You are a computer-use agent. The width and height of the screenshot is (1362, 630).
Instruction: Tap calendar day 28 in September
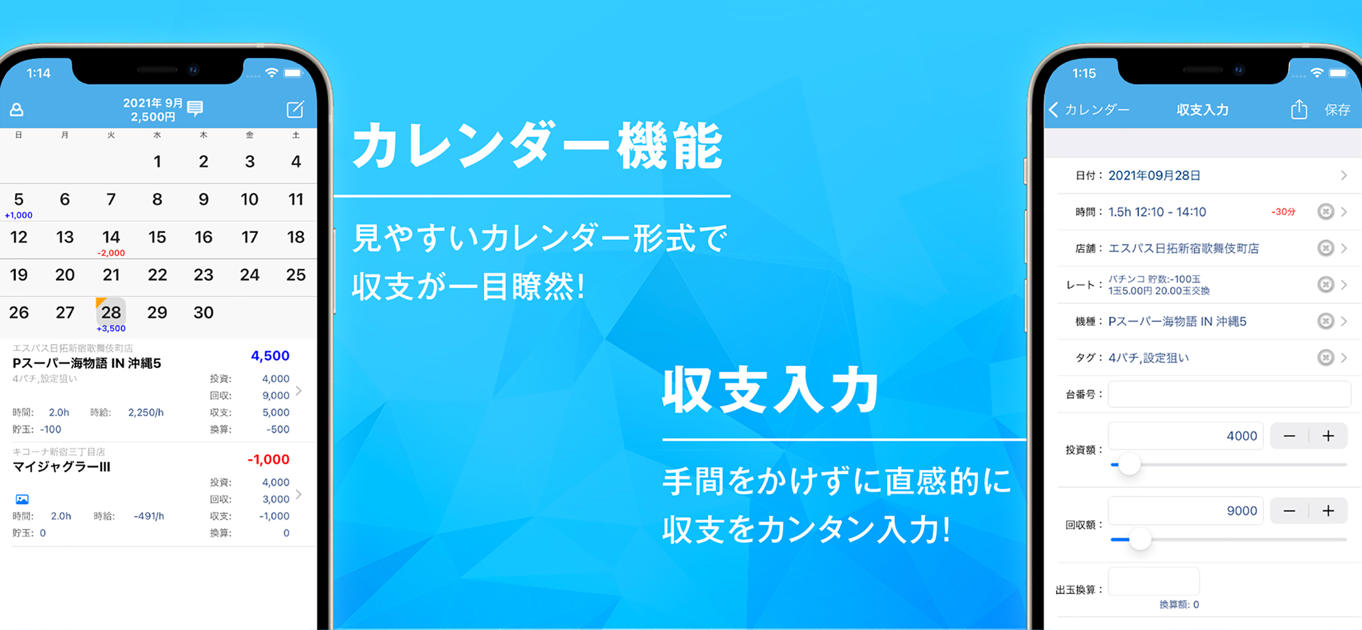(x=111, y=312)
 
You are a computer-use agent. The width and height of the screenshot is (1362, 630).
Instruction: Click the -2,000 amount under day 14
(x=111, y=253)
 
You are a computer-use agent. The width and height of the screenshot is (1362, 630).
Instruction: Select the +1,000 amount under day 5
(x=19, y=215)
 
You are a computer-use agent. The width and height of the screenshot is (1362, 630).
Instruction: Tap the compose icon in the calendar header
(x=295, y=109)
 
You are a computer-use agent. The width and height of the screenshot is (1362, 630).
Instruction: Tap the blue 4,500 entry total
(x=270, y=355)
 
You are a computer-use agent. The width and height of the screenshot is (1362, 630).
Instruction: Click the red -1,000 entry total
(x=269, y=459)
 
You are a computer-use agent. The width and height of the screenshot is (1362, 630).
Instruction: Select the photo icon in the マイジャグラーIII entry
(x=22, y=499)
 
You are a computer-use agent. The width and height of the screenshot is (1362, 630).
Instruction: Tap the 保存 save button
(x=1337, y=109)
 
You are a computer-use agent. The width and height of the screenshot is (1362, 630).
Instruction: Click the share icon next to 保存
(x=1299, y=109)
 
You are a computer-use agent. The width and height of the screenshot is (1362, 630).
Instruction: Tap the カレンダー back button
(x=1089, y=109)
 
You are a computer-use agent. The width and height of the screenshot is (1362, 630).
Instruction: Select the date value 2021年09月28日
(x=1154, y=176)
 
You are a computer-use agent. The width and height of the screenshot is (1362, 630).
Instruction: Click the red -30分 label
(x=1283, y=211)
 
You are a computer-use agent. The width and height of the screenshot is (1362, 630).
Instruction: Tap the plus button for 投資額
(x=1328, y=436)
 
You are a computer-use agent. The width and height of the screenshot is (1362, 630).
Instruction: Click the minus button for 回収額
(x=1289, y=511)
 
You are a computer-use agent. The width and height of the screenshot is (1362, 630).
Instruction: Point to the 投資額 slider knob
(x=1129, y=465)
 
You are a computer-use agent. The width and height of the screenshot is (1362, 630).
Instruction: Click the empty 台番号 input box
(x=1229, y=394)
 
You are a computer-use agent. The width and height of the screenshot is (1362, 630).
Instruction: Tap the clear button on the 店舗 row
(x=1326, y=248)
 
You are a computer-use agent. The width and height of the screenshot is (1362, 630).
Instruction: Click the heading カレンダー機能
(x=537, y=145)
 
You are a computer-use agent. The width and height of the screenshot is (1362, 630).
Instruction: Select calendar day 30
(x=203, y=312)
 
